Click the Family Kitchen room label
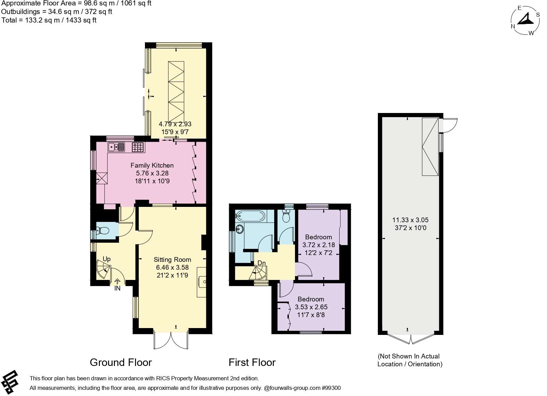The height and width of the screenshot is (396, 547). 152,165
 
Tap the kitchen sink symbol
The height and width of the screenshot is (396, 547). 116,147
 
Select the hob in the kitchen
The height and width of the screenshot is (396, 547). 138,147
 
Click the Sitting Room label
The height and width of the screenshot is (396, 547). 172,260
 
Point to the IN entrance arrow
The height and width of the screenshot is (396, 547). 117,282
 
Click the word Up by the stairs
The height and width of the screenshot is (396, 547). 106,259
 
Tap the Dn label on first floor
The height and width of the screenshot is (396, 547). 262,263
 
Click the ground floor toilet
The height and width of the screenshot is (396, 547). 102,231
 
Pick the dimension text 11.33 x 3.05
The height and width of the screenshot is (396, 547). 410,220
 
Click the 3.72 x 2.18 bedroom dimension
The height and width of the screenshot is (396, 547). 319,245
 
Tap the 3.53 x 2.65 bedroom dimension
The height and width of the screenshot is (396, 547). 311,307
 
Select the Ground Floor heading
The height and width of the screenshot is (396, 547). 121,362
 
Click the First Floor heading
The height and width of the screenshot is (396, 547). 252,362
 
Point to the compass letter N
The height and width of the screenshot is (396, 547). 513,27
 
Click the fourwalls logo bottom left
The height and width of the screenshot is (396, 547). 10,381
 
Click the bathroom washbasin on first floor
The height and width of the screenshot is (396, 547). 240,229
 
